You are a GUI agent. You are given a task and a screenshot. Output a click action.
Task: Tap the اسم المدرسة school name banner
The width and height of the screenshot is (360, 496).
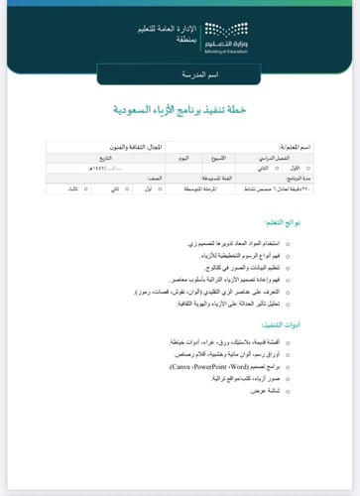180,76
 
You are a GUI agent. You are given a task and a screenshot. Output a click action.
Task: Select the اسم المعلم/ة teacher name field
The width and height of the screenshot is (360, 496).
294,147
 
